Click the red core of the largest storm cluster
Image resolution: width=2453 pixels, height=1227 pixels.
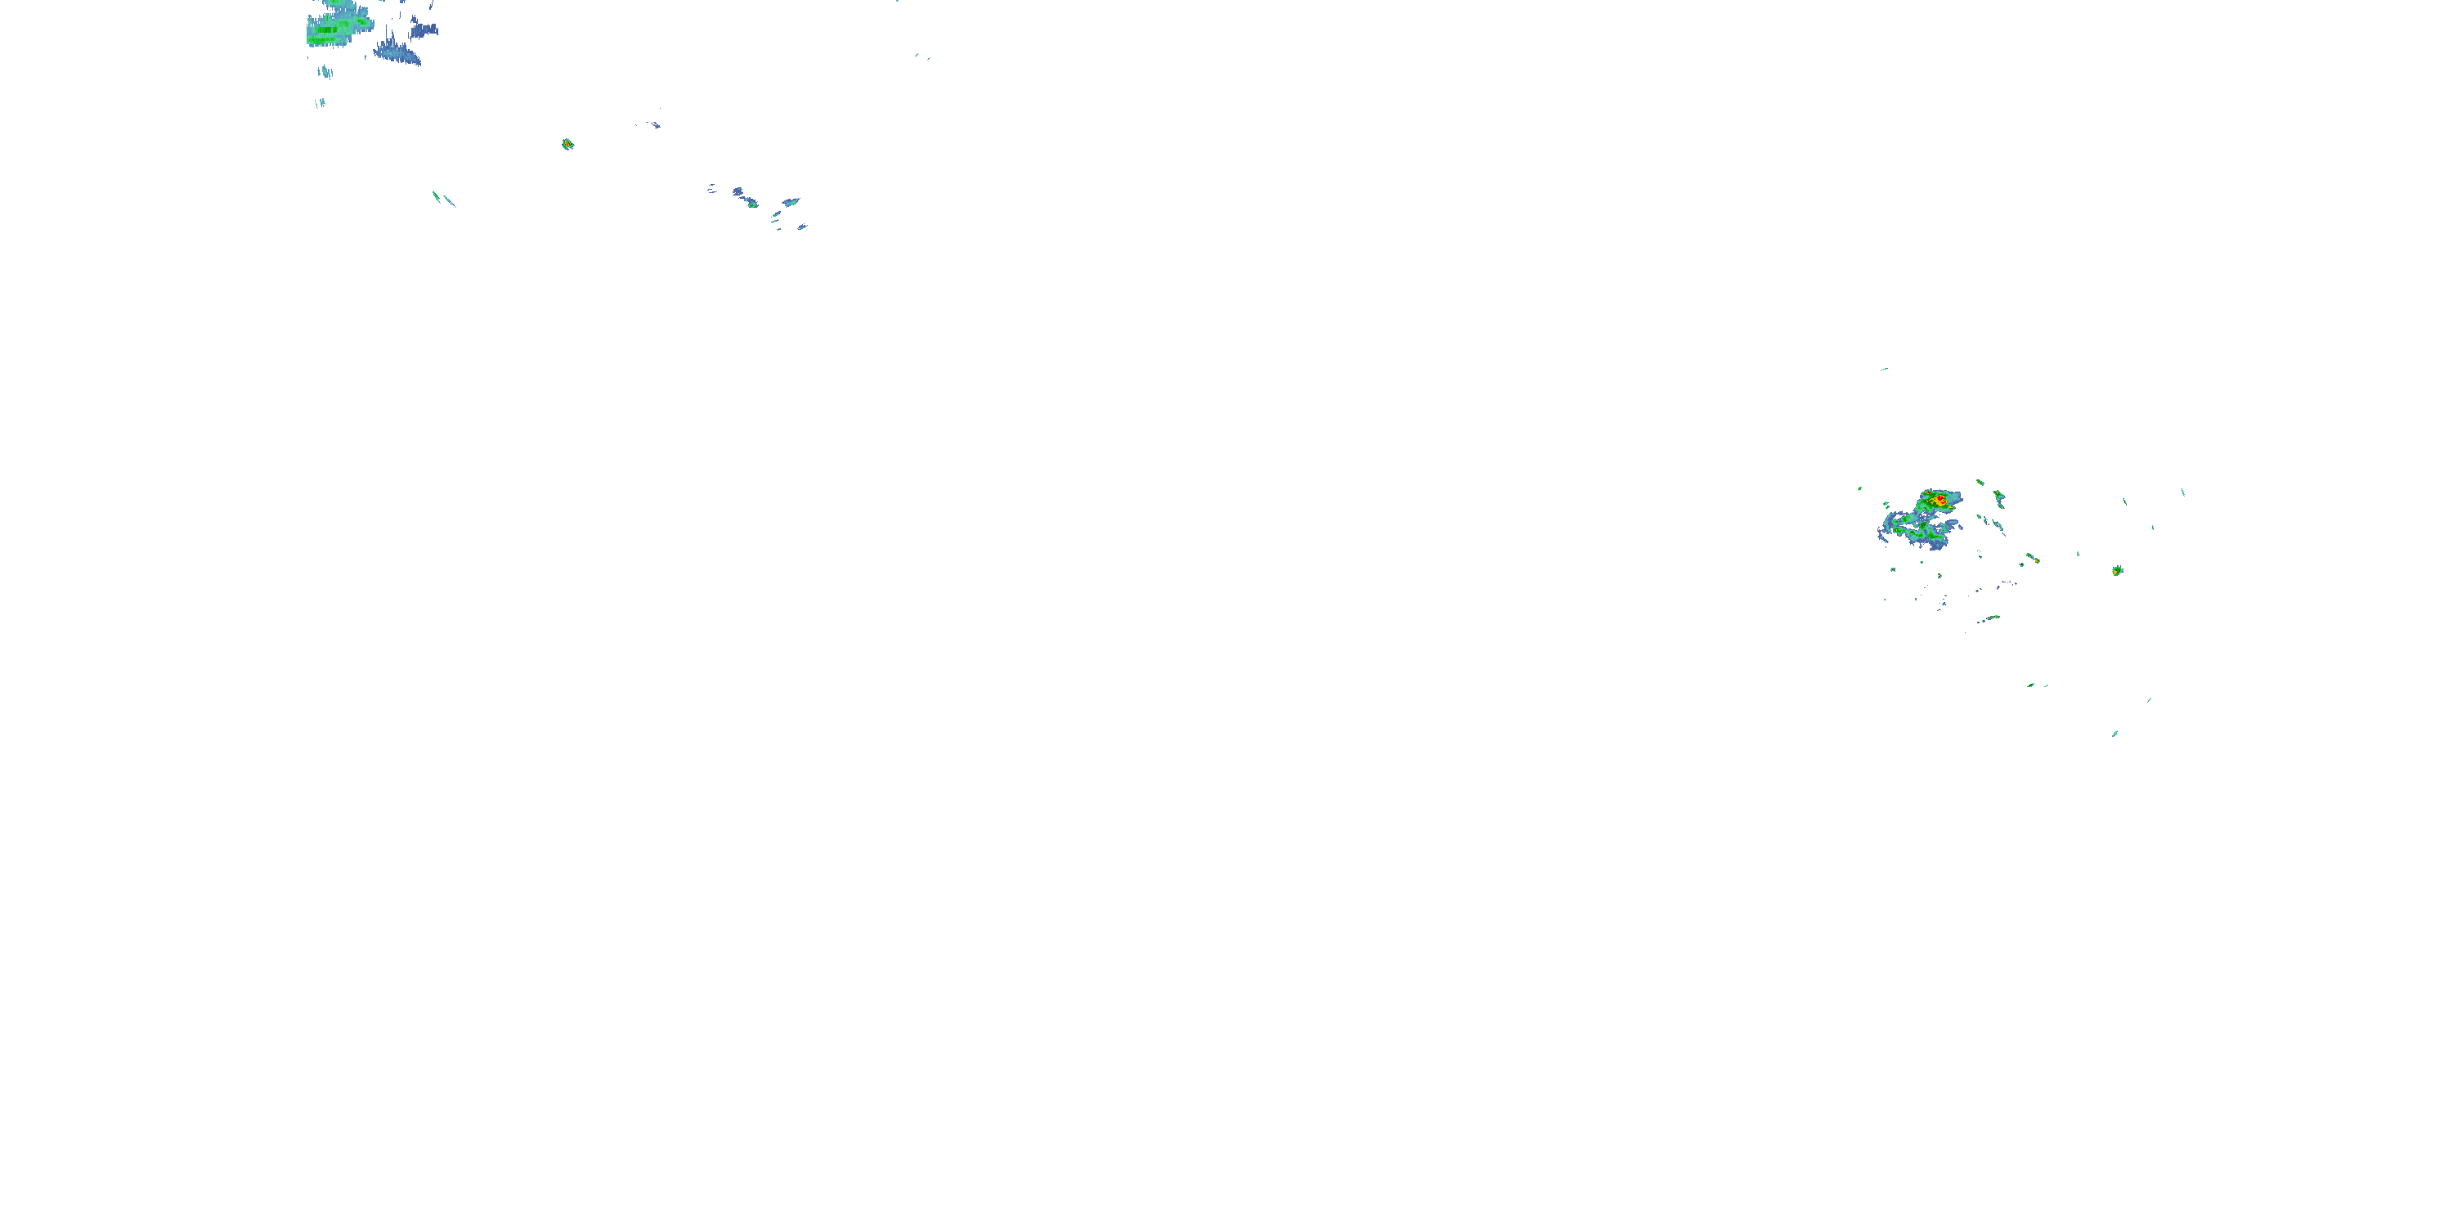point(1940,499)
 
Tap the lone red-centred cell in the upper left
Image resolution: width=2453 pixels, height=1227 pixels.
point(567,144)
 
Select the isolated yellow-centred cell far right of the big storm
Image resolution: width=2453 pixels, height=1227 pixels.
point(2117,571)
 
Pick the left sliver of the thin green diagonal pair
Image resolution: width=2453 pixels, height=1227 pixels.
point(436,196)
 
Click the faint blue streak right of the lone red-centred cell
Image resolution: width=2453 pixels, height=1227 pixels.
point(652,124)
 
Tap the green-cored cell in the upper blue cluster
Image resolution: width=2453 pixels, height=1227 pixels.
point(752,203)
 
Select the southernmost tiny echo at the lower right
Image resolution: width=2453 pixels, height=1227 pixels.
point(2115,734)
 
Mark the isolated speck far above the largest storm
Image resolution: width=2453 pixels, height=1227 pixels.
point(1884,369)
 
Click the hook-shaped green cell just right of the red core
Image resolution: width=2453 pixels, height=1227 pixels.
point(1998,497)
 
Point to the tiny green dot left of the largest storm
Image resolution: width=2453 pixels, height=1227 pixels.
point(1859,488)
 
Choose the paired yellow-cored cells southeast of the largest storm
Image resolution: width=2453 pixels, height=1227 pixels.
point(2031,557)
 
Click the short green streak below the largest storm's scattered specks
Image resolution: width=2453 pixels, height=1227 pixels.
point(1989,619)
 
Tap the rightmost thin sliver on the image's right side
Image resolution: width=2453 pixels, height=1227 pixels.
point(2182,492)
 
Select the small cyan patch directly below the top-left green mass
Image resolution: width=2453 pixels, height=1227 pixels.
point(325,71)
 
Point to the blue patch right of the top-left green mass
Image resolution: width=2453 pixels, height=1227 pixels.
point(423,30)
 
